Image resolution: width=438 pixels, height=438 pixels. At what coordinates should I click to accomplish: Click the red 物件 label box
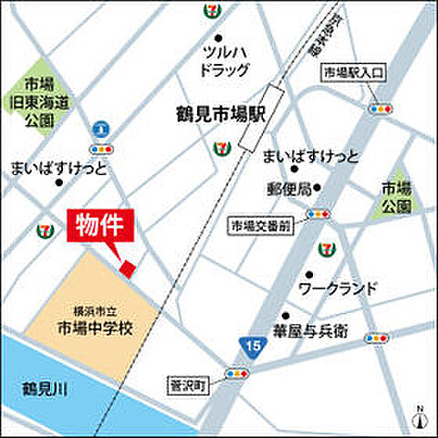pos(101,224)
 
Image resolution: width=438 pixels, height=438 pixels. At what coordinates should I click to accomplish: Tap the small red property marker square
pos(129,266)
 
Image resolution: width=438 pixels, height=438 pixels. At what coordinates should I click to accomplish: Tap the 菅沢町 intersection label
pos(189,384)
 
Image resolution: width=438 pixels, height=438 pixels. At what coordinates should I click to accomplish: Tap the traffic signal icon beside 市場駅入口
pos(379,109)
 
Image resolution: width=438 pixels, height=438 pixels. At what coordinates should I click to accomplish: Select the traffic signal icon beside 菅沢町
pos(237,374)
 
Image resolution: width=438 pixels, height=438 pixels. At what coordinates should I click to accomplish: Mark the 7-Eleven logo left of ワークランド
pos(326,248)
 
